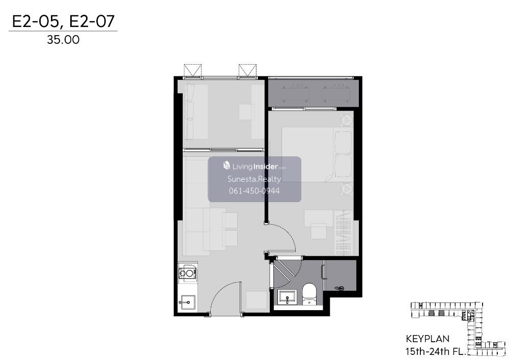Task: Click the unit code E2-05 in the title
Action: tap(36, 21)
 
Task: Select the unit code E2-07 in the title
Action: tap(92, 21)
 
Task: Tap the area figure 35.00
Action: tap(63, 40)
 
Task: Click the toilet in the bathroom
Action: tap(309, 294)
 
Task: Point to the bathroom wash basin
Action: tap(288, 297)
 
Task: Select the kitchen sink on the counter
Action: tap(187, 302)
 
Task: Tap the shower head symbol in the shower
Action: tap(340, 288)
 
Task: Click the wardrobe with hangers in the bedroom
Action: tap(344, 232)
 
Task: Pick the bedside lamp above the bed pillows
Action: tap(347, 120)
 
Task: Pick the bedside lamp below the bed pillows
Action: tap(347, 189)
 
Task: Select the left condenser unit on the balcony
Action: tap(295, 95)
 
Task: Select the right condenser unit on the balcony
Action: tap(336, 95)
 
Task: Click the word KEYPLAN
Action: tap(428, 339)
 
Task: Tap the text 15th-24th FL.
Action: tap(436, 351)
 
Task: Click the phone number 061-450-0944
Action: tap(254, 191)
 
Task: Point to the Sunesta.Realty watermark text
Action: tap(254, 179)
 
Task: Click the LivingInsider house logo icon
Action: tap(227, 165)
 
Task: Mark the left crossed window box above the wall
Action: tap(193, 70)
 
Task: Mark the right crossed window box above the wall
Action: tap(248, 70)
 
